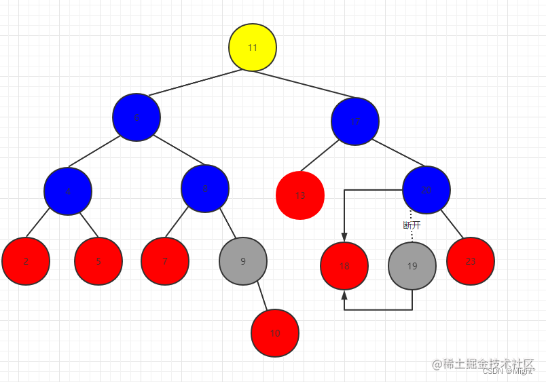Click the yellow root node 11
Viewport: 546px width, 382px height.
(x=252, y=47)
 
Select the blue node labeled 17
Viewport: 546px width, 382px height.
(x=355, y=121)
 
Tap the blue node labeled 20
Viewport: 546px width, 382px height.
(x=426, y=190)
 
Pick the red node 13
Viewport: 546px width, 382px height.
(x=300, y=195)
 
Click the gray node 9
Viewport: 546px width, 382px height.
(x=243, y=261)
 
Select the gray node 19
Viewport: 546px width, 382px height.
(x=412, y=265)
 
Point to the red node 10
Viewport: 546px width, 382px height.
(x=274, y=333)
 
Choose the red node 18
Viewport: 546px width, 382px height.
(x=344, y=266)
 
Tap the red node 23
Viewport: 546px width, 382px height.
(x=471, y=261)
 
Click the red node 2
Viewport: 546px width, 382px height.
(x=26, y=261)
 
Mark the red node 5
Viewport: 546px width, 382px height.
(x=98, y=261)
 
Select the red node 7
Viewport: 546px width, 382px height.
(x=165, y=261)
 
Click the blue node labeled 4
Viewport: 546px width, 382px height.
(x=68, y=191)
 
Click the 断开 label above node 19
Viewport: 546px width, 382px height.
(x=412, y=225)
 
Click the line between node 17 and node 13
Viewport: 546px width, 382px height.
(x=320, y=157)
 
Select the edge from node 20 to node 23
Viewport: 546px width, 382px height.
(x=452, y=224)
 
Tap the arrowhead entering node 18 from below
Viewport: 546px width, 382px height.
(x=344, y=295)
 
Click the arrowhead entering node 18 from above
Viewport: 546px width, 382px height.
(x=344, y=237)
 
